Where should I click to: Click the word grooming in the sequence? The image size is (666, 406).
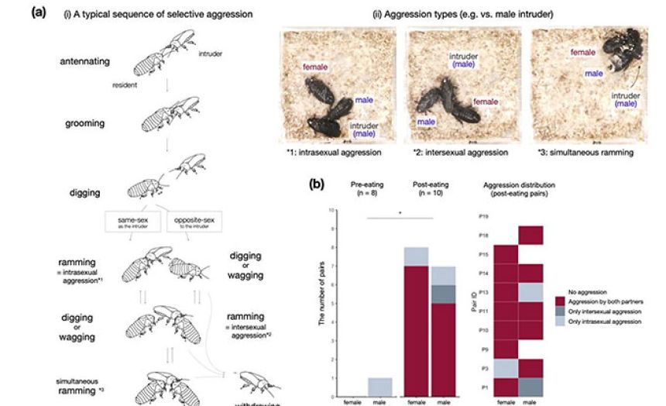(87, 122)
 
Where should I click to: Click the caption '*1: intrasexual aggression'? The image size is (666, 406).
(334, 153)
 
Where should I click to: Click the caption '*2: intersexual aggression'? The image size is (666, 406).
(460, 153)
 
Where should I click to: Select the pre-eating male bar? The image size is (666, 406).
(375, 387)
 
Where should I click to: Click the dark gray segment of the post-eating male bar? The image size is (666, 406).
(443, 294)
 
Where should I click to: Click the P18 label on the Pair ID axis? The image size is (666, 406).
(484, 235)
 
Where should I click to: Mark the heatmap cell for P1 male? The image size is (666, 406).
(530, 386)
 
